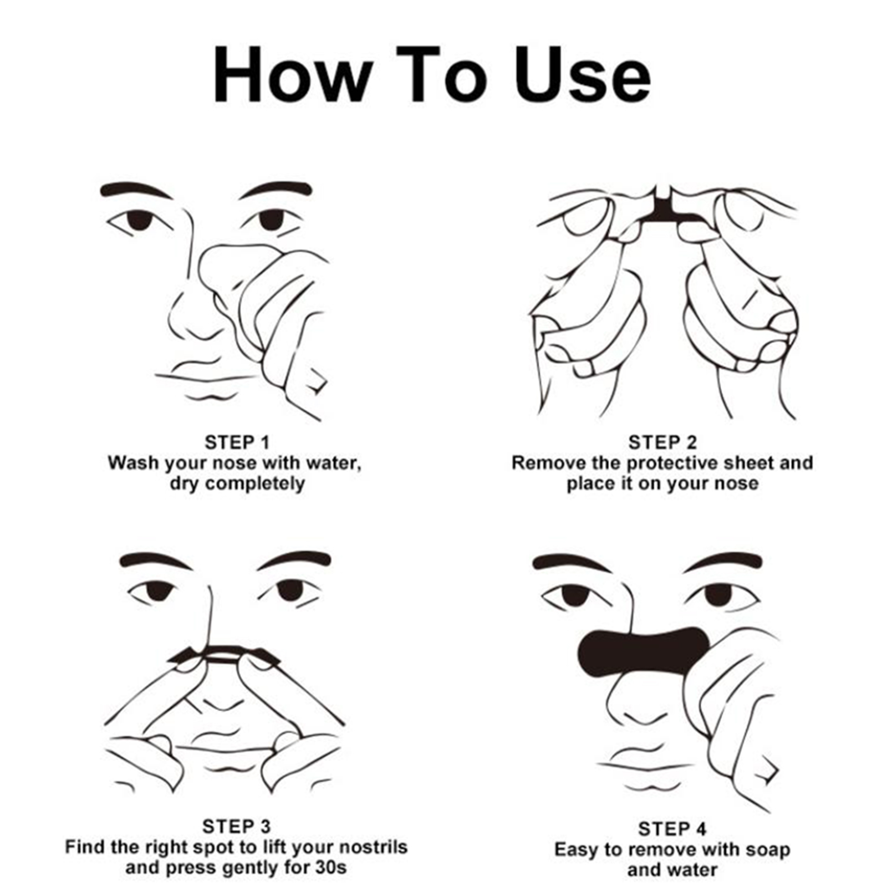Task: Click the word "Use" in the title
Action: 583,75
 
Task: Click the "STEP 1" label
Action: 237,442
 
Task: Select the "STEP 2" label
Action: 662,442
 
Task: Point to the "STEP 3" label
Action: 236,827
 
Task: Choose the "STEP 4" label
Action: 672,829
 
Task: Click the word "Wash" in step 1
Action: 131,462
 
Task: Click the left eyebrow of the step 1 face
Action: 135,190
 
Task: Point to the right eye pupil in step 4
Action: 719,595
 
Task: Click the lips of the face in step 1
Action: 208,383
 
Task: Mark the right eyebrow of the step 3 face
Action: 294,561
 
